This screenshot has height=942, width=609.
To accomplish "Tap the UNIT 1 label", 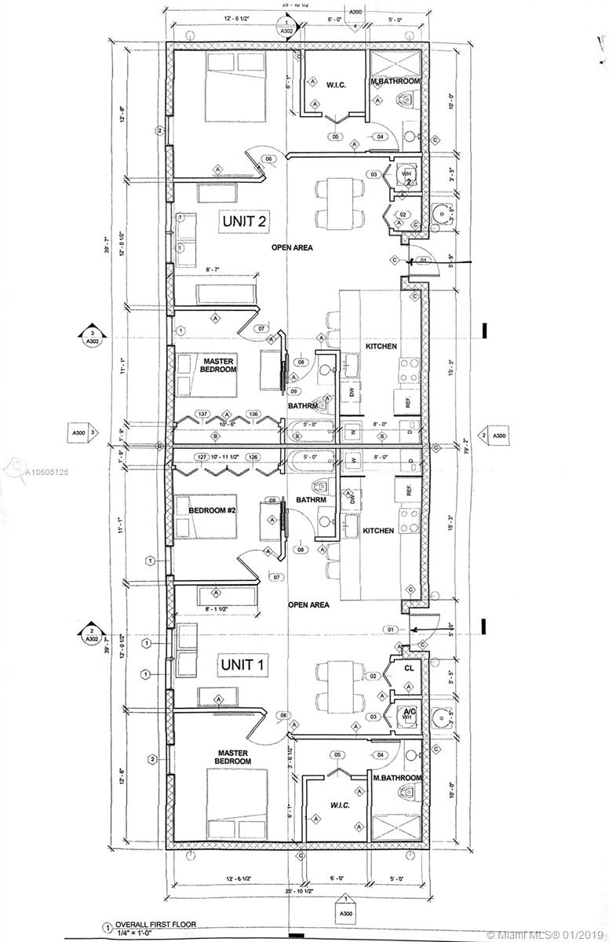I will click(242, 666).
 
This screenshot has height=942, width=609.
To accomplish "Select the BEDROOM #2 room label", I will click(213, 509).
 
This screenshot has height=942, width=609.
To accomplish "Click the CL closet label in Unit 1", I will click(409, 670).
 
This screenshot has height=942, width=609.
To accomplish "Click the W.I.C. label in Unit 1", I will click(339, 805).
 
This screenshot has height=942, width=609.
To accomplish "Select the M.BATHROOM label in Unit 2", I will click(396, 81).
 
